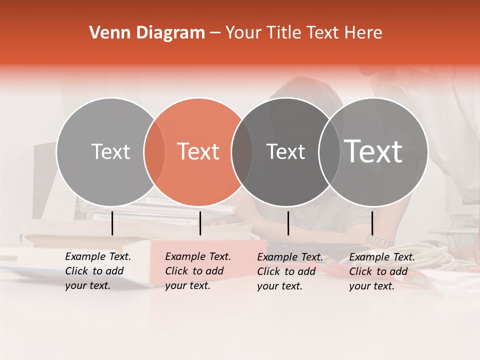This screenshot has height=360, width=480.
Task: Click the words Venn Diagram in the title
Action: click(x=147, y=33)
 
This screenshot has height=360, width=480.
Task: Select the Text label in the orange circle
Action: click(x=198, y=151)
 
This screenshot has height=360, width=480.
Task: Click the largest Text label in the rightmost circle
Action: click(x=373, y=151)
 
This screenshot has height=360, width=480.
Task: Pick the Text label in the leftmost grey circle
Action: click(x=110, y=151)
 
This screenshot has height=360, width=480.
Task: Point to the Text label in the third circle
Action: click(x=285, y=151)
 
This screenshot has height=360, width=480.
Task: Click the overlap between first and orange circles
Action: click(x=154, y=151)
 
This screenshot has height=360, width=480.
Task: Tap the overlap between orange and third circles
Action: click(x=242, y=151)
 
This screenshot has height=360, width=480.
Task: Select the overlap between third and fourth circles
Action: click(x=329, y=151)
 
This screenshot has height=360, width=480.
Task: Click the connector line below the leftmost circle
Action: click(x=112, y=223)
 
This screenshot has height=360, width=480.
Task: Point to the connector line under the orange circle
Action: click(x=200, y=223)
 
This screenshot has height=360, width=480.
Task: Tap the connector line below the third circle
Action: click(x=288, y=223)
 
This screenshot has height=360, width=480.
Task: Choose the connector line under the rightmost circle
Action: click(x=372, y=223)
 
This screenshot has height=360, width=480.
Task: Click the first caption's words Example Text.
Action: click(x=98, y=257)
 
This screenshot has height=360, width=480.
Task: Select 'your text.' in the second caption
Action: click(x=187, y=286)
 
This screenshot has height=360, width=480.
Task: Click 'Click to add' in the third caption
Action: click(x=286, y=271)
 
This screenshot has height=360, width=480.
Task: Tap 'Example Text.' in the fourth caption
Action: click(x=382, y=257)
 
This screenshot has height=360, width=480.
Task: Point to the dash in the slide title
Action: click(x=215, y=33)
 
